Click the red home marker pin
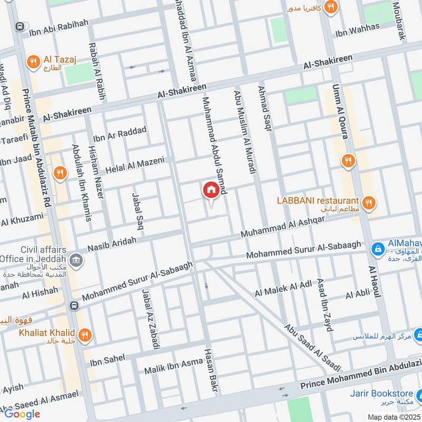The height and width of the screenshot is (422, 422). (210, 190)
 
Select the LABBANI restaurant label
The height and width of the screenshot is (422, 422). (318, 201)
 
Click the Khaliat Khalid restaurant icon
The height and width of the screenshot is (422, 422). (85, 334)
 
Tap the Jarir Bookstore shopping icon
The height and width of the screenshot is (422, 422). (417, 393)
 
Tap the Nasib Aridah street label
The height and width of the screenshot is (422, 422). (112, 243)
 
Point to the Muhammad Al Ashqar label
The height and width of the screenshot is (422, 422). (282, 226)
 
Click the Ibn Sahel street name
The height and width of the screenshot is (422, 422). (108, 360)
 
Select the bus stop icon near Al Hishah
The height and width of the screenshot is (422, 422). (74, 305)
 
